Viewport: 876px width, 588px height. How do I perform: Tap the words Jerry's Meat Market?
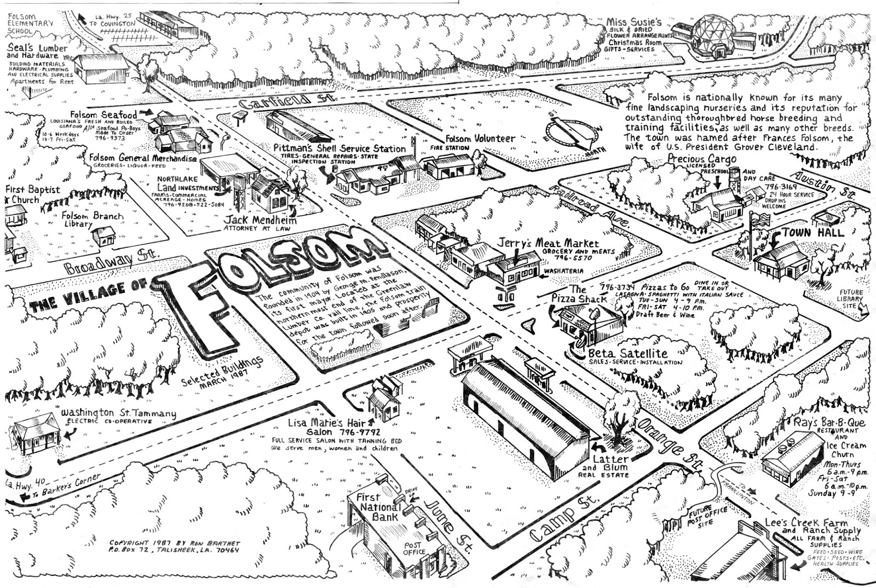click(547, 243)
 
